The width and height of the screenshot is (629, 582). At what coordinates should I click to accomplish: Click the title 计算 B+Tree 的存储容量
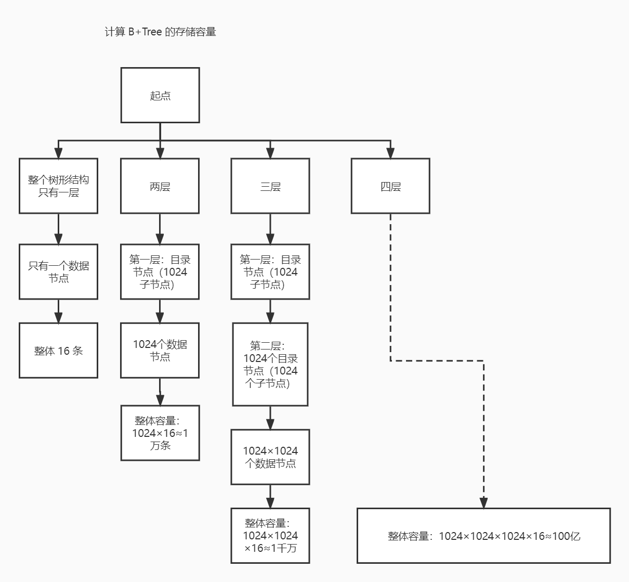tap(160, 32)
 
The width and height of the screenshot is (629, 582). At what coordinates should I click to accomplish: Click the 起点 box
tap(160, 95)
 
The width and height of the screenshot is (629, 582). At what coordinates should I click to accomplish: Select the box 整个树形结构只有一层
tap(58, 186)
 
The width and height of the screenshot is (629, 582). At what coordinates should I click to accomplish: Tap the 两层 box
tap(160, 186)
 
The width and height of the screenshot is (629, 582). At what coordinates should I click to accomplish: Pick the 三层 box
tap(270, 186)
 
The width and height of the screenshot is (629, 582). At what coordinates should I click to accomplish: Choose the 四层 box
tap(390, 186)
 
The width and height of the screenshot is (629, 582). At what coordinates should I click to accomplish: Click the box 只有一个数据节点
tap(58, 271)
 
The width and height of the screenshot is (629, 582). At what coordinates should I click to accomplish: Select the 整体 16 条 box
tap(58, 351)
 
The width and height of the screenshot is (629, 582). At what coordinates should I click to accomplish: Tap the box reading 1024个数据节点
tap(160, 350)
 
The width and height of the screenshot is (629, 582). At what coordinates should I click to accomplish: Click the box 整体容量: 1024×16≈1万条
tap(160, 433)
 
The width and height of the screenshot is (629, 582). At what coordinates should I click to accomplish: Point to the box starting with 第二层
tap(270, 364)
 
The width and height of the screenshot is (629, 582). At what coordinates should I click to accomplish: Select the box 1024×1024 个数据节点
tap(270, 457)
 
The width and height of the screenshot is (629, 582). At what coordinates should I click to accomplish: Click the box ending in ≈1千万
tap(270, 535)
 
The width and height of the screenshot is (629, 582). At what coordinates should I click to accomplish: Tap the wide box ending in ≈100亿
tap(483, 535)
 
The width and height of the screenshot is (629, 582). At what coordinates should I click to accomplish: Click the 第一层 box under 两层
tap(160, 271)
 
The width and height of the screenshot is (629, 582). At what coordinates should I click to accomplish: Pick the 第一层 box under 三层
tap(270, 271)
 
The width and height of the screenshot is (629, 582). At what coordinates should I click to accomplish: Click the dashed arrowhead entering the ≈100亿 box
tap(483, 502)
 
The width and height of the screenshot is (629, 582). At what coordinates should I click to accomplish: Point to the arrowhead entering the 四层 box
tap(390, 153)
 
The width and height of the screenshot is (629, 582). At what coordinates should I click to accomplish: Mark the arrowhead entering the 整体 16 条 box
tap(58, 317)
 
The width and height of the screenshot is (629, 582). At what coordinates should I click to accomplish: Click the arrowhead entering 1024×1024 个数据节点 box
tap(270, 424)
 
